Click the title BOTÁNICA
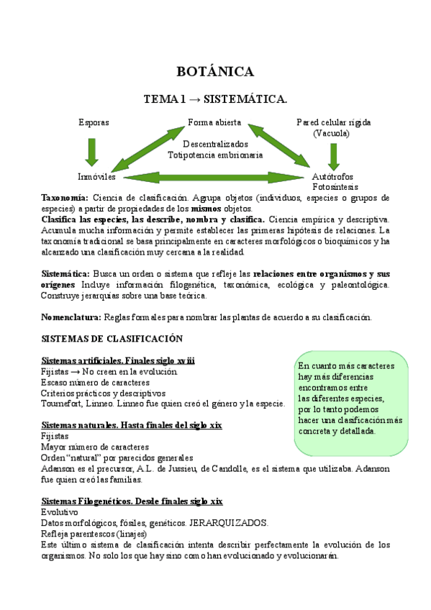point(215,71)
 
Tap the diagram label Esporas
point(94,122)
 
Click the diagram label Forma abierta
point(214,122)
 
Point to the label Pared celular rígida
point(333,122)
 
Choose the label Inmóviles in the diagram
point(96,176)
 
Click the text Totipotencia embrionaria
point(215,154)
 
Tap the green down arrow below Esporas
point(92,151)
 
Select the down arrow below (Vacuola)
point(332,155)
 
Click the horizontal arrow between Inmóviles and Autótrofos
point(215,177)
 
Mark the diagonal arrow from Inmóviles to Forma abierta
point(148,149)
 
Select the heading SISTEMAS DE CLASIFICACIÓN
point(112,339)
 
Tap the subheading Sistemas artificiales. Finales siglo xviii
point(119,360)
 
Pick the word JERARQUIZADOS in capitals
point(232,522)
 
